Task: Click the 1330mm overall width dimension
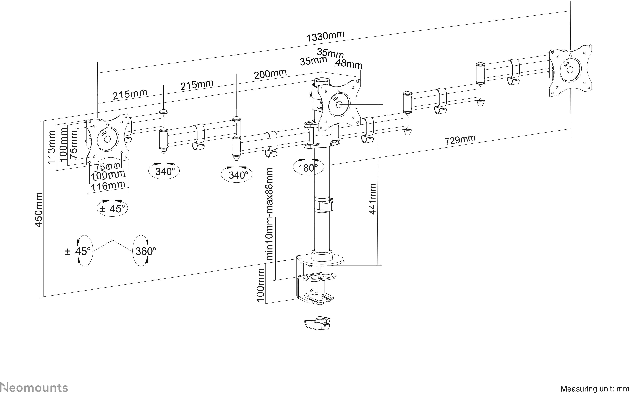(x=325, y=36)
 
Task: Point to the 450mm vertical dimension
(x=39, y=210)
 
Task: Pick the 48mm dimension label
(x=349, y=64)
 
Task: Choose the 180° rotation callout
(x=308, y=168)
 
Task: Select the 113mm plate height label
(x=51, y=147)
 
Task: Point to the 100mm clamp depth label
(x=261, y=285)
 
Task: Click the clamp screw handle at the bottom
(x=317, y=324)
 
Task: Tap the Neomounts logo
(x=34, y=387)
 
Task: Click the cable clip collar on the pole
(x=323, y=204)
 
